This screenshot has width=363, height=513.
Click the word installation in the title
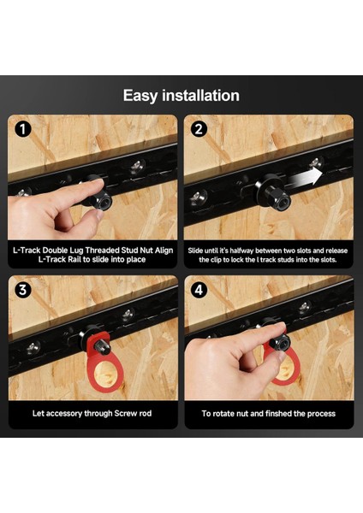tap(201, 95)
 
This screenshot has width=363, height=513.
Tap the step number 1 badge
tap(22, 129)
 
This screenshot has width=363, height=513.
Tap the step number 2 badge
tap(199, 129)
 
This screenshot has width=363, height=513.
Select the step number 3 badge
tap(22, 290)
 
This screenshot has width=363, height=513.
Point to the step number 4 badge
tap(199, 290)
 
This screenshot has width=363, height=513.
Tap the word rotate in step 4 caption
tap(223, 414)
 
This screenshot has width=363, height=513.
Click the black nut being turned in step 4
tap(282, 342)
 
